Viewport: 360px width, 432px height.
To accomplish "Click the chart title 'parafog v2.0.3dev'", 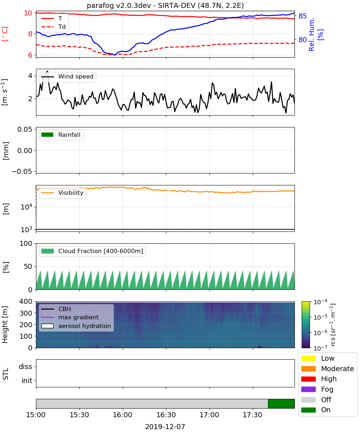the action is click(119, 5).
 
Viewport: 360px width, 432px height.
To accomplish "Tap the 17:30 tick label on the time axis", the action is click(252, 415).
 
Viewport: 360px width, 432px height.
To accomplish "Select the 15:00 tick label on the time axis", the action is click(36, 415).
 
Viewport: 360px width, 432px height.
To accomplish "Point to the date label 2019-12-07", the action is click(165, 427).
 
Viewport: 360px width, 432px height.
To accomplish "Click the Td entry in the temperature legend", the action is click(53, 27).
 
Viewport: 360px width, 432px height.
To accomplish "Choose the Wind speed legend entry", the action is click(67, 77).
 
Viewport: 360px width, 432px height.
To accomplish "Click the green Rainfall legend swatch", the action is click(48, 135).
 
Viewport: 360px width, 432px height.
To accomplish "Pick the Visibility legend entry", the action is click(62, 193).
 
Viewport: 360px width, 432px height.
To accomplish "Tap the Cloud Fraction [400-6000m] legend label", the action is click(100, 251).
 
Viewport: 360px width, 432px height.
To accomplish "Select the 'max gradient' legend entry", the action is click(70, 317).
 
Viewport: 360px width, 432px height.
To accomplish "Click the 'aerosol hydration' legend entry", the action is click(76, 326).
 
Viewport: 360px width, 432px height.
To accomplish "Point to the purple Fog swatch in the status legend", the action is click(308, 389).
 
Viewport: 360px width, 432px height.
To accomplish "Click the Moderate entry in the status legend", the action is click(328, 369).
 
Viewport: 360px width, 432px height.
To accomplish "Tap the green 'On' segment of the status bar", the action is click(281, 404).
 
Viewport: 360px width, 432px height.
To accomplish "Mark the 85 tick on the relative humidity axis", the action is click(302, 16).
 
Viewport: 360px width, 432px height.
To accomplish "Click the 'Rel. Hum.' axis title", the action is click(311, 34).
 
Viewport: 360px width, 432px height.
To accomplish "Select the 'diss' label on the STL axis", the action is click(25, 366).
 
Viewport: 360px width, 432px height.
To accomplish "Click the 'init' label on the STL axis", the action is click(27, 381).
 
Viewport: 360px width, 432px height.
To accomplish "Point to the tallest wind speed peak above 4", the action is click(48, 71).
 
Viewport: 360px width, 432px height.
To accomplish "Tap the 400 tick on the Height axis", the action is click(26, 301).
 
